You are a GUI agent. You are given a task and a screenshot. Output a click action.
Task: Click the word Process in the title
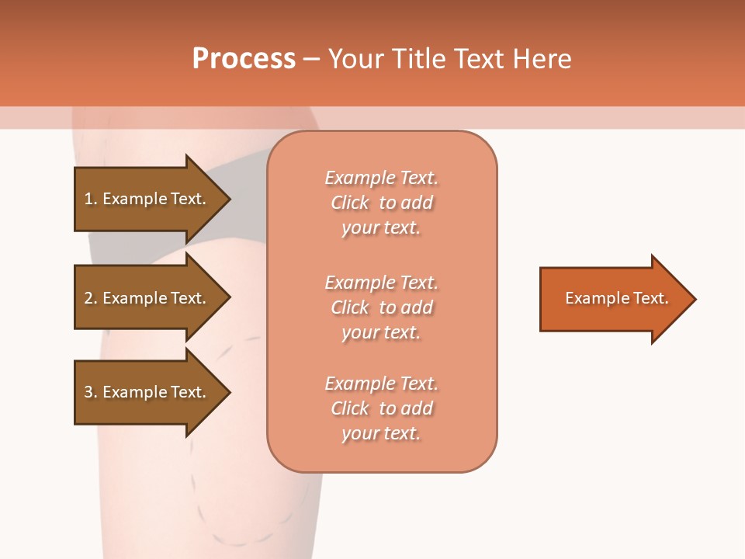[244, 59]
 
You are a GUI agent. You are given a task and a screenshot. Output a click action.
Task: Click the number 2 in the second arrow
[88, 298]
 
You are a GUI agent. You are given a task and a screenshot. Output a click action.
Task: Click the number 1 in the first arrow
[88, 199]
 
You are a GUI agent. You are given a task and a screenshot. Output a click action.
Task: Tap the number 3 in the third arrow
[88, 392]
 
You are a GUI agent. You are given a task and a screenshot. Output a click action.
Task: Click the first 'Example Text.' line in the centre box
[381, 178]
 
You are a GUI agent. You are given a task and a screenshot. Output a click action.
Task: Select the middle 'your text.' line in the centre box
[381, 332]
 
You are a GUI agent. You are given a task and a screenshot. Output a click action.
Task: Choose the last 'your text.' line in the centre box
[381, 433]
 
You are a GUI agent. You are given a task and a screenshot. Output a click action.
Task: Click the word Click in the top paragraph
[350, 203]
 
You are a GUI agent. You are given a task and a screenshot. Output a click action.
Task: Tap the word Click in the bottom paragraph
[350, 408]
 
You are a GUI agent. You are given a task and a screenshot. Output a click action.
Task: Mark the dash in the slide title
[311, 60]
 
